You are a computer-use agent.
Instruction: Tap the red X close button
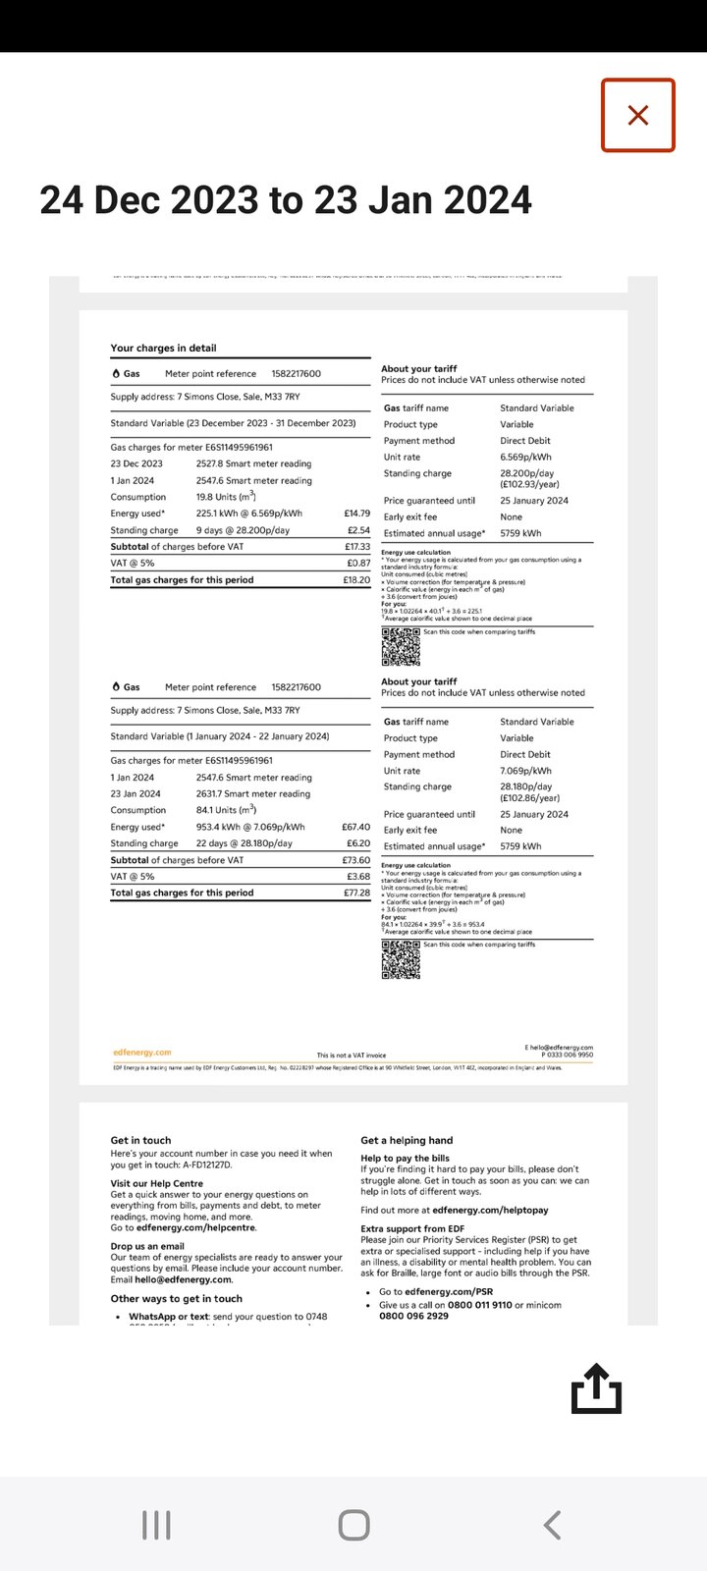[638, 116]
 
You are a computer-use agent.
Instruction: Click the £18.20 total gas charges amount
[356, 580]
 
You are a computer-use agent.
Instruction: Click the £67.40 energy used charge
[355, 827]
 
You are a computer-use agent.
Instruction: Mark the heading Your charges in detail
[163, 348]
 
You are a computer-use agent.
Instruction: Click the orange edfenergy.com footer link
[142, 1053]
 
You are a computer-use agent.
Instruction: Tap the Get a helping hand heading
[407, 1140]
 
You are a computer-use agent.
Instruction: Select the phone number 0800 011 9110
[474, 1305]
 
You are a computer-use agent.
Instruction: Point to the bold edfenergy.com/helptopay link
[490, 1211]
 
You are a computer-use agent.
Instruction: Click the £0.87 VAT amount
[358, 564]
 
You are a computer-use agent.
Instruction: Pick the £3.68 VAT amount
[358, 877]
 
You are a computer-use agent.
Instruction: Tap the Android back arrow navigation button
[552, 1525]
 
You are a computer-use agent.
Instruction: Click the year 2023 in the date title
[214, 200]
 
